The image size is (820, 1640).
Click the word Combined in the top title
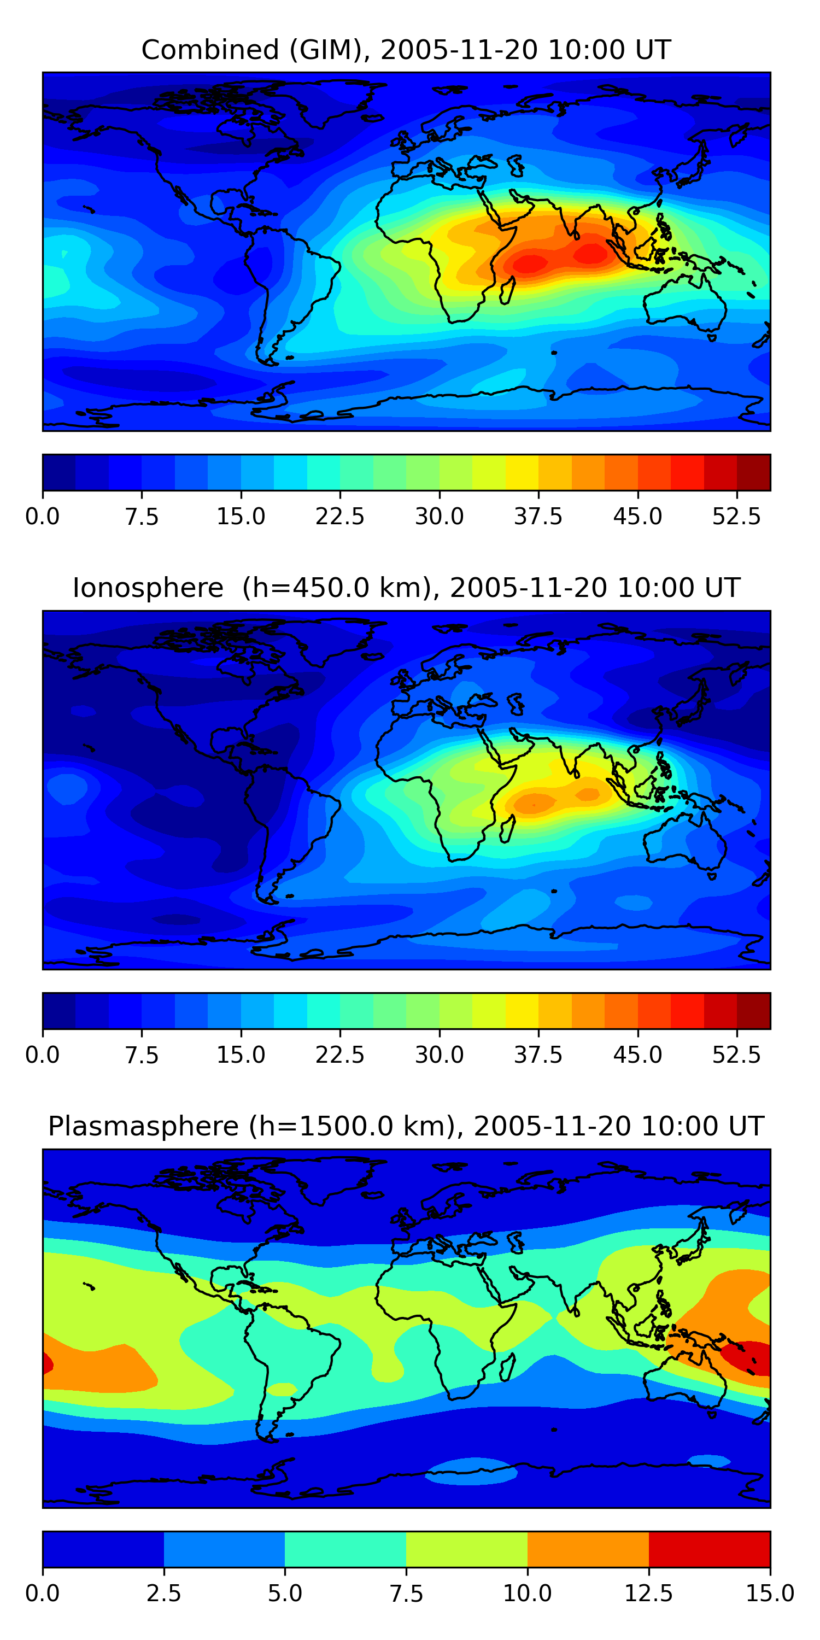(x=210, y=50)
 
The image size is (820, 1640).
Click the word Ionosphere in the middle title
(x=148, y=588)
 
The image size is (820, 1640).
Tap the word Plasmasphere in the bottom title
(x=143, y=1126)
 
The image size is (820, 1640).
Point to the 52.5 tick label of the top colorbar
(x=736, y=516)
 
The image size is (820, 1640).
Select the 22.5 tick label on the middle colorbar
(x=340, y=1055)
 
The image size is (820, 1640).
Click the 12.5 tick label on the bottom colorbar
(x=649, y=1594)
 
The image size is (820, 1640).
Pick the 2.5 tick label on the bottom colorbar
(x=163, y=1594)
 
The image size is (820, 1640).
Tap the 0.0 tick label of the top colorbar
(x=43, y=516)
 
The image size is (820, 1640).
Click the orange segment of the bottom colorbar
(x=588, y=1549)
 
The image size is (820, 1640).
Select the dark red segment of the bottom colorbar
(x=709, y=1549)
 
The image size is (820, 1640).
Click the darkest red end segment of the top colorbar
(x=754, y=472)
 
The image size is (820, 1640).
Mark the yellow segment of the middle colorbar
(x=522, y=1011)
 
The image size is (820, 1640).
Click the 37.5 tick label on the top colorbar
(x=538, y=516)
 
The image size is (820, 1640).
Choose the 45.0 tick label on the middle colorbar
(x=638, y=1055)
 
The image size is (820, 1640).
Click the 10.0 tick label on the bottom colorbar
(x=528, y=1594)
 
